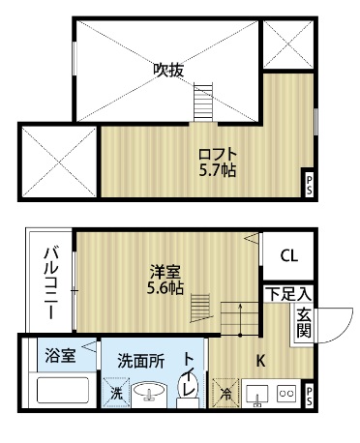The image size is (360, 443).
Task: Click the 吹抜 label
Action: click(x=168, y=70)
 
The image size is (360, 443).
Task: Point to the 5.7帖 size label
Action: click(x=218, y=170)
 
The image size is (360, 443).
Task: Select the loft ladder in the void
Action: click(x=202, y=101)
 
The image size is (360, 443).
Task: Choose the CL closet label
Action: click(x=288, y=256)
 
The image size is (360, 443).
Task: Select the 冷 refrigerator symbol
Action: click(x=225, y=394)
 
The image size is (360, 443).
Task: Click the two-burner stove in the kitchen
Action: click(x=285, y=394)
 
